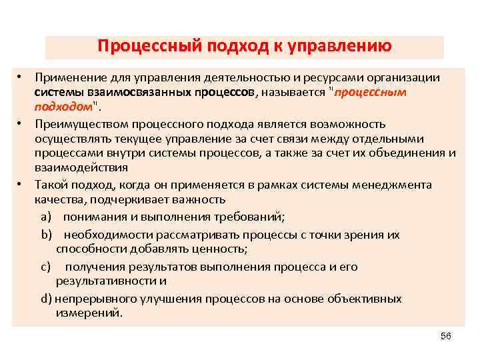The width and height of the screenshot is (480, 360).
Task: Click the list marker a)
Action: pyautogui.click(x=45, y=217)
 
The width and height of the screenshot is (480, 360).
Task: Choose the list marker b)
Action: pyautogui.click(x=45, y=235)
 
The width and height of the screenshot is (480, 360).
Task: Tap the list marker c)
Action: pyautogui.click(x=45, y=267)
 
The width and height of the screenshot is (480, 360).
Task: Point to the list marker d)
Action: pyautogui.click(x=45, y=299)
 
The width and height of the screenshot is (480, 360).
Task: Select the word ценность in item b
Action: pyautogui.click(x=217, y=249)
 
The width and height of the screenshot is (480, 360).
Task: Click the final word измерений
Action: pyautogui.click(x=89, y=313)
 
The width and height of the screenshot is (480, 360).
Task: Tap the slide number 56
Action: pyautogui.click(x=446, y=337)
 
